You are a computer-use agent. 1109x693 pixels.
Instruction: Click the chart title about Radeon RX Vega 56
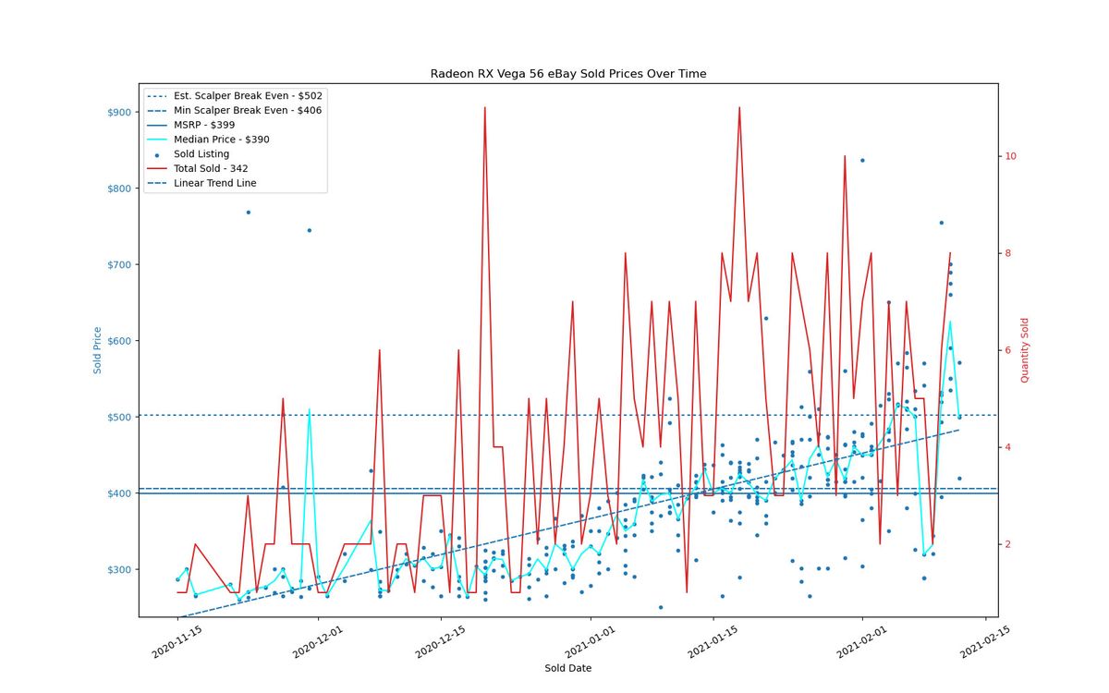(567, 74)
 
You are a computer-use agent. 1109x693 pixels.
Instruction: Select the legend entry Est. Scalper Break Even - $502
(235, 95)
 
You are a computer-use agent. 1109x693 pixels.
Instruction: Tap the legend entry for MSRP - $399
(191, 125)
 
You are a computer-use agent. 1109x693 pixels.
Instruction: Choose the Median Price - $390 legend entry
(209, 140)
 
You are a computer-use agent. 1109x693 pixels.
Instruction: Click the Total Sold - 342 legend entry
(198, 168)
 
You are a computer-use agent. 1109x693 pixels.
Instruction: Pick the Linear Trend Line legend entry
(202, 183)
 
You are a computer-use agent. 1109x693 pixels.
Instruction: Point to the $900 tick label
(119, 113)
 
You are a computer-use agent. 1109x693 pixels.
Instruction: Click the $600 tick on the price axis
(119, 341)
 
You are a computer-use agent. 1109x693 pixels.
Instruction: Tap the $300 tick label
(119, 570)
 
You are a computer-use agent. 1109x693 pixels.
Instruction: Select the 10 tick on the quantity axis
(1010, 156)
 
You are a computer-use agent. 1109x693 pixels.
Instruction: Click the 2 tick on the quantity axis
(1007, 544)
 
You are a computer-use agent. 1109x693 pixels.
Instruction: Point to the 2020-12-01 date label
(317, 642)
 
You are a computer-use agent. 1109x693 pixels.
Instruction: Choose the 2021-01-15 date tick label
(713, 642)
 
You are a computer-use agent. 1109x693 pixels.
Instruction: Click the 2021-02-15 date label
(985, 642)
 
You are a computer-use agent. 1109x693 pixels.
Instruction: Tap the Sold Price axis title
(97, 350)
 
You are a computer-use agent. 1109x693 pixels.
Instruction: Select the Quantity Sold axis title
(1024, 350)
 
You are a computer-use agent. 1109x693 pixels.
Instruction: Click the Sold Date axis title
(567, 668)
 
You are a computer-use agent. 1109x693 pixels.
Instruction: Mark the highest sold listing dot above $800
(862, 161)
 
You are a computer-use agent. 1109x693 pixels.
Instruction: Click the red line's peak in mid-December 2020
(484, 107)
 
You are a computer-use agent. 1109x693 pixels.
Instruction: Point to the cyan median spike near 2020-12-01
(309, 409)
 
